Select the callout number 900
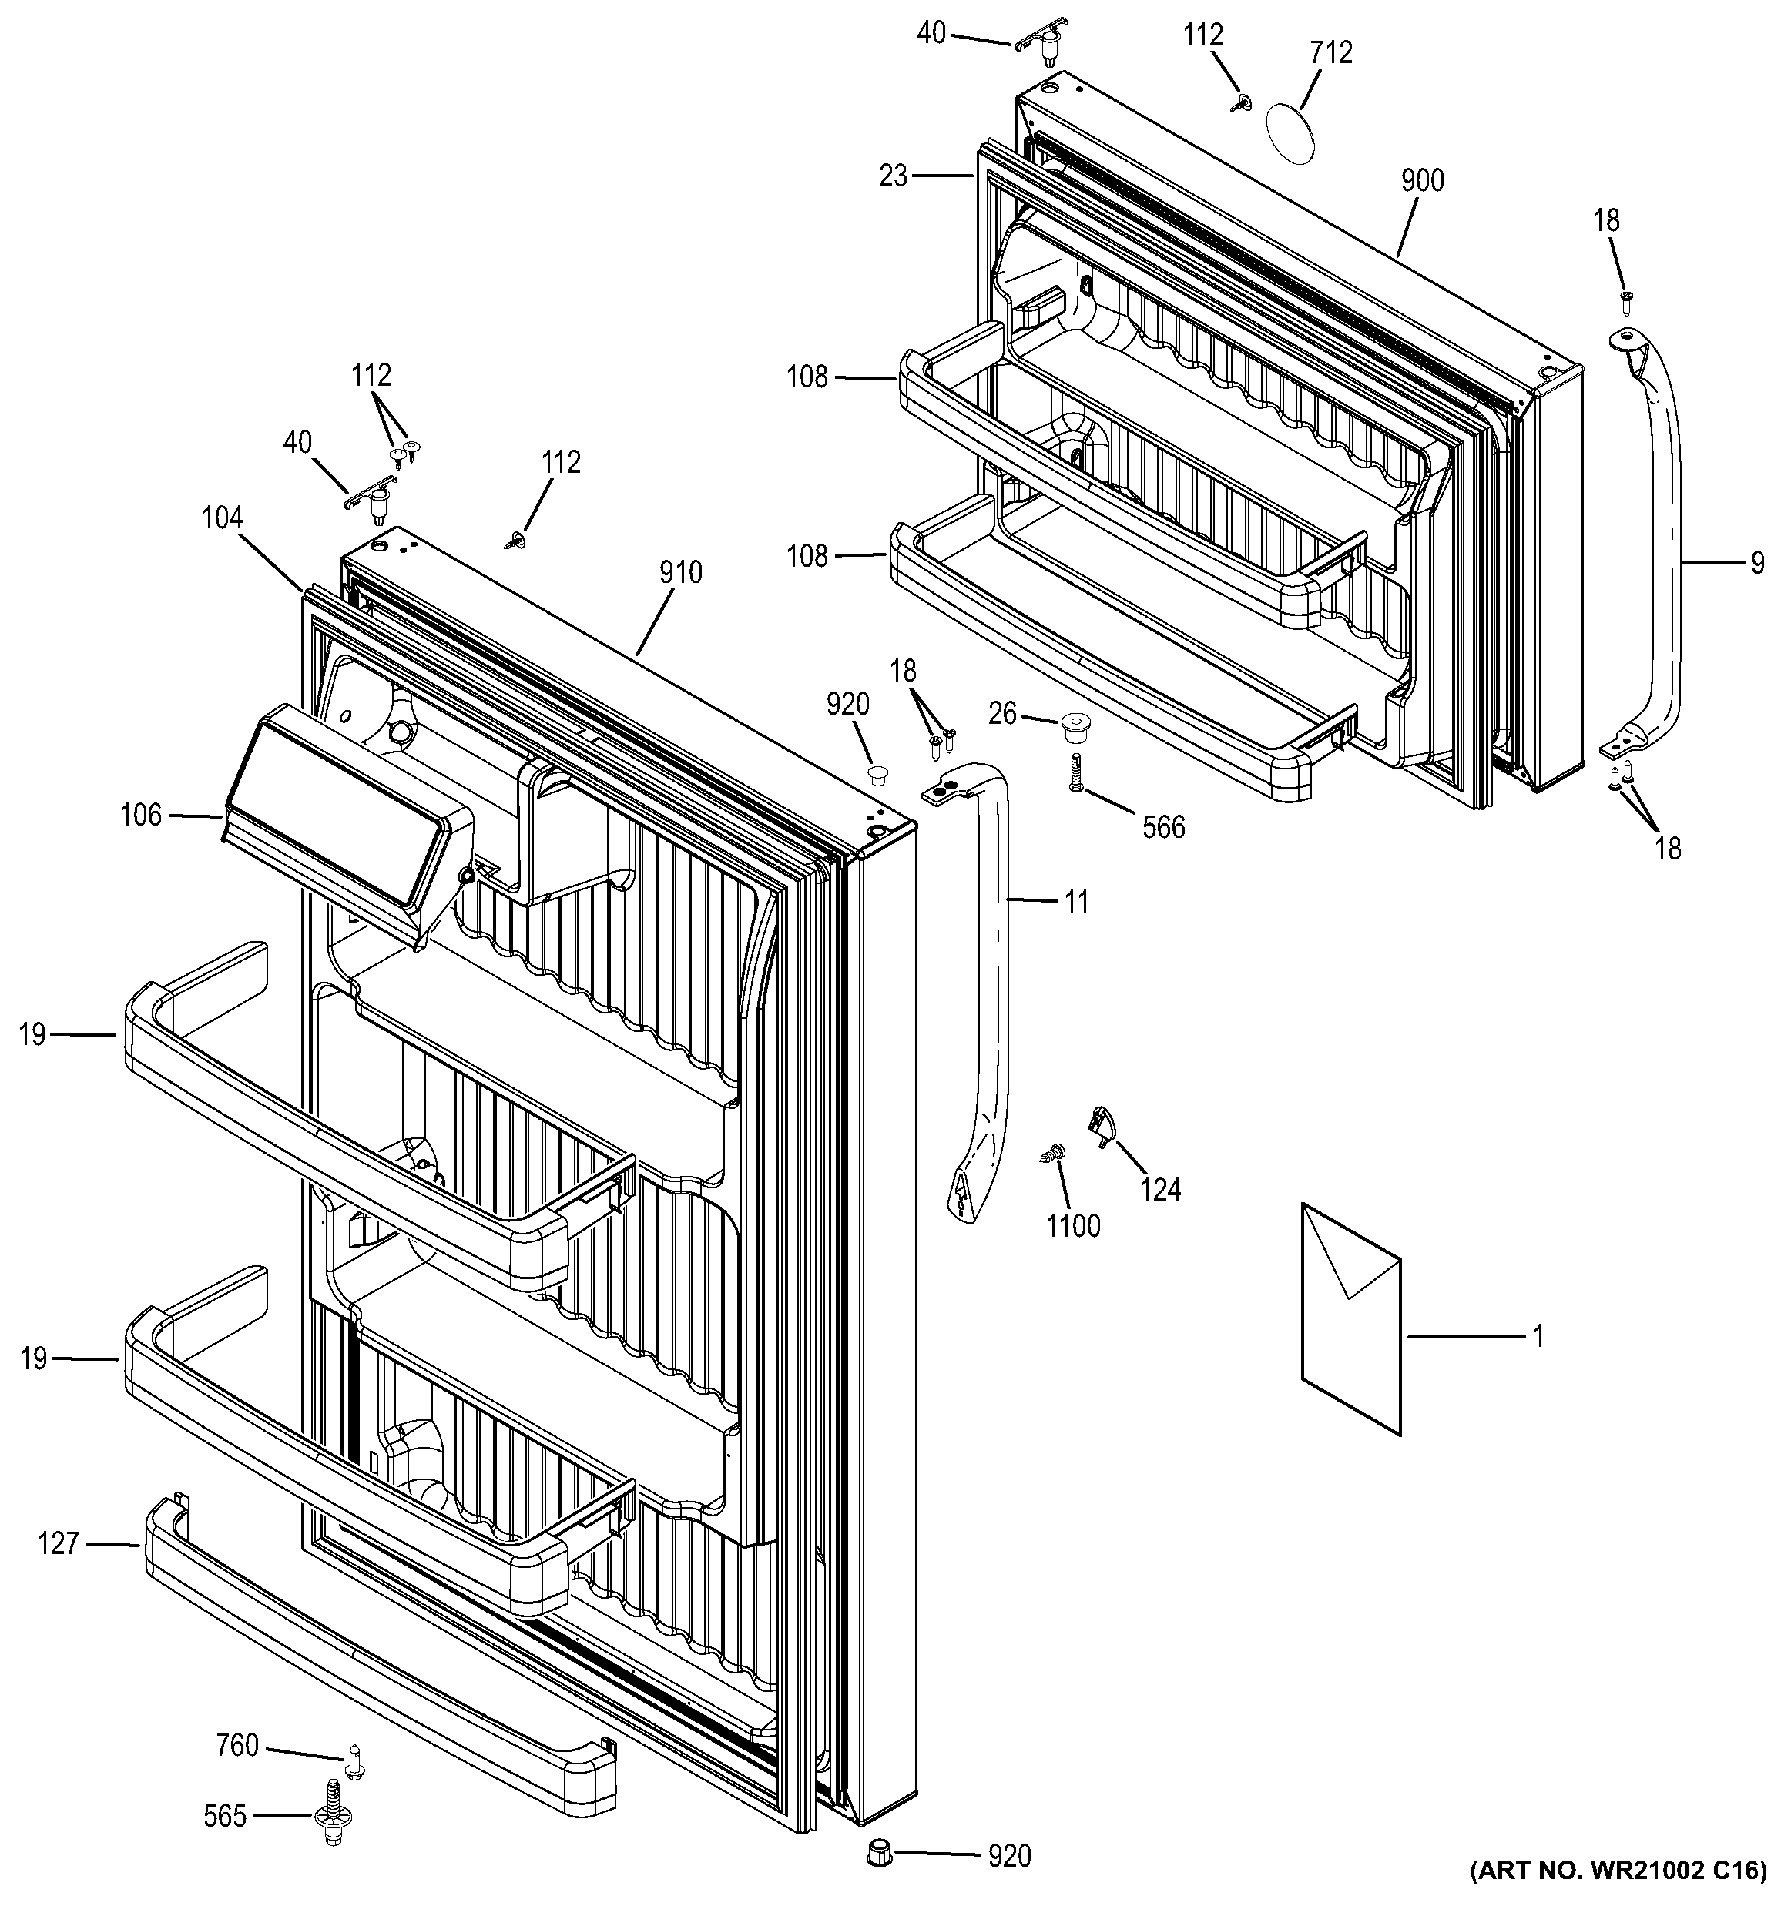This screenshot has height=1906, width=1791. pos(1422,180)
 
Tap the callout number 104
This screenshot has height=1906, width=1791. pos(223,519)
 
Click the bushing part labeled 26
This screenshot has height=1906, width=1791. pos(1073,728)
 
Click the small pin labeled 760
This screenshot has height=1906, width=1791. pos(355,1760)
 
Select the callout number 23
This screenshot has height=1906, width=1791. pos(893,176)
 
